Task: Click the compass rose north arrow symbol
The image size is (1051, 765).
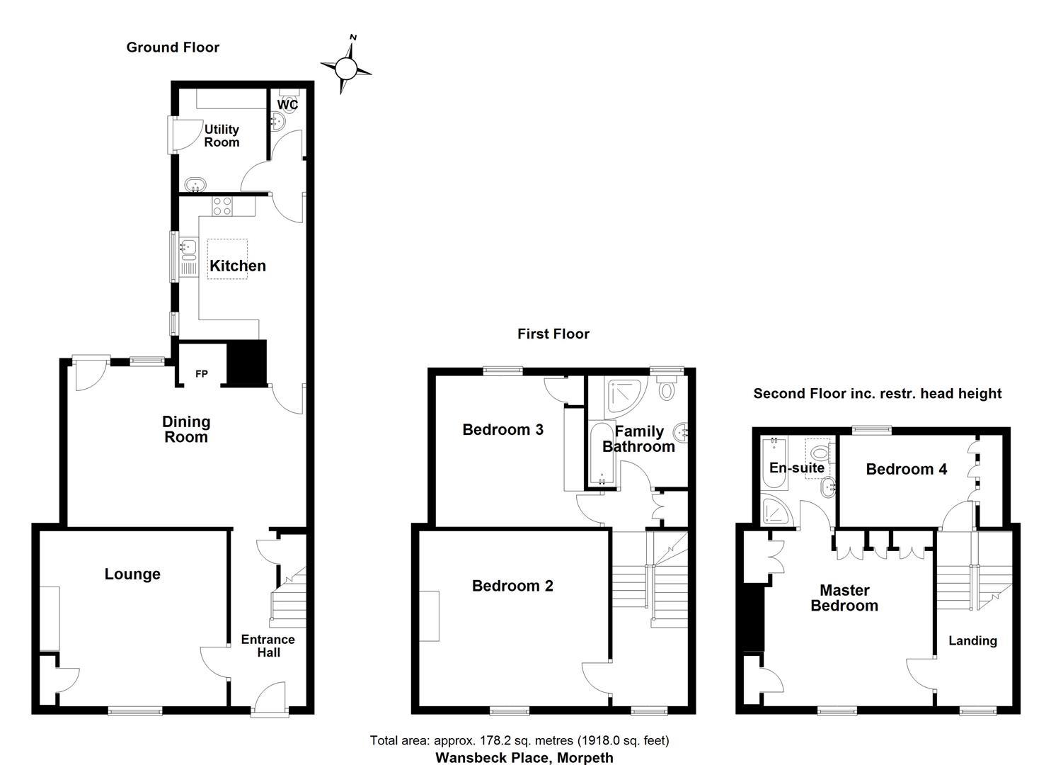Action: point(346,67)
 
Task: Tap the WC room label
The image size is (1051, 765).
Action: point(287,105)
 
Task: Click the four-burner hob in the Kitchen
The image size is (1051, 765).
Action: point(222,206)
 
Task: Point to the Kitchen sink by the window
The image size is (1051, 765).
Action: point(188,248)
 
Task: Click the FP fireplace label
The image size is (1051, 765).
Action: point(202,374)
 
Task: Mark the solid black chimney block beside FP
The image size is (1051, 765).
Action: point(246,363)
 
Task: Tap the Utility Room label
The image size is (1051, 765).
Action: point(222,135)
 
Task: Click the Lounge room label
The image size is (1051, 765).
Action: point(132,574)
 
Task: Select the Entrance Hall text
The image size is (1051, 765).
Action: point(268,646)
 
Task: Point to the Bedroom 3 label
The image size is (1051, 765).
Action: point(502,429)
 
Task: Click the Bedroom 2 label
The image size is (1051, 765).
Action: point(512,586)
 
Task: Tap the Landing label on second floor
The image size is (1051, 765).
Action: point(972,640)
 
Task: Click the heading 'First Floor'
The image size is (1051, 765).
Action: point(553,334)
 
